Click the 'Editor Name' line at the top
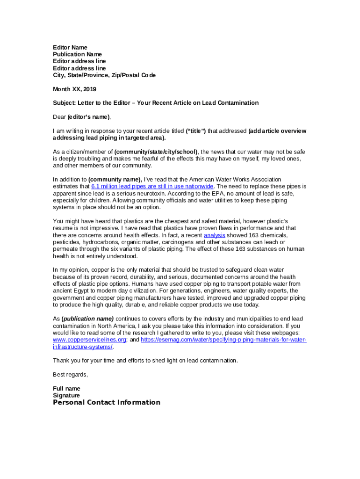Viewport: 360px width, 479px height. click(x=70, y=47)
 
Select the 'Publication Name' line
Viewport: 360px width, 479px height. click(x=77, y=54)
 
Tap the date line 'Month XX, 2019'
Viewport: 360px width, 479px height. click(x=74, y=89)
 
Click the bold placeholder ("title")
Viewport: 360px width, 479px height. click(x=196, y=131)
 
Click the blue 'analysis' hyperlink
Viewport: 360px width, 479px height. click(x=215, y=235)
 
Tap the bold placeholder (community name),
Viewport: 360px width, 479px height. click(x=115, y=179)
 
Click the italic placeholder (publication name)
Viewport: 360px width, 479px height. click(x=87, y=319)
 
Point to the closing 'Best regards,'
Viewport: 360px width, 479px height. click(x=70, y=375)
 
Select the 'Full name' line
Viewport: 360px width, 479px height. click(x=66, y=389)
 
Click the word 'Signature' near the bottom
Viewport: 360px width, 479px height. click(x=66, y=395)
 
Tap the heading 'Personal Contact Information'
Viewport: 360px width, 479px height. click(x=107, y=402)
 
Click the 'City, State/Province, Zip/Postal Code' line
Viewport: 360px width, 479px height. click(x=104, y=75)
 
